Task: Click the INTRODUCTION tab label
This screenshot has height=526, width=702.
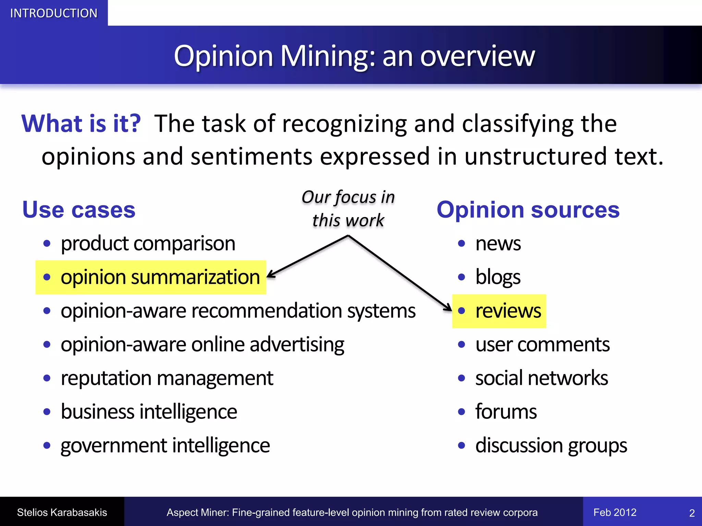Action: tap(54, 13)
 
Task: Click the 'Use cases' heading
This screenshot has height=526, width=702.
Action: tap(79, 210)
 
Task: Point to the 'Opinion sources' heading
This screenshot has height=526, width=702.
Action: tap(528, 210)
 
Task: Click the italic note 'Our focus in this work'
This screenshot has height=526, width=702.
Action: tap(348, 208)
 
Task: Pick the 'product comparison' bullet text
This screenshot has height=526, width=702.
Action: tap(148, 243)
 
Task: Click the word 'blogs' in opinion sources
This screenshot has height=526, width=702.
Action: tap(498, 277)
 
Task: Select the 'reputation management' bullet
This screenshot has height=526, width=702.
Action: tap(167, 378)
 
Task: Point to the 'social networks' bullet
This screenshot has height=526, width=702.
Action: tap(542, 378)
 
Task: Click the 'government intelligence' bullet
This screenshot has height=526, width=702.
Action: tap(165, 446)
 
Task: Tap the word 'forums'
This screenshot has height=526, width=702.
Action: tap(506, 412)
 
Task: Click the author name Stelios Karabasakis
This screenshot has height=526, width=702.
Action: tap(62, 512)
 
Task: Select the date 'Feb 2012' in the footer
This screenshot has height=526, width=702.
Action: tap(615, 512)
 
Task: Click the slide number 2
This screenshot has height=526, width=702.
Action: tap(692, 513)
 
